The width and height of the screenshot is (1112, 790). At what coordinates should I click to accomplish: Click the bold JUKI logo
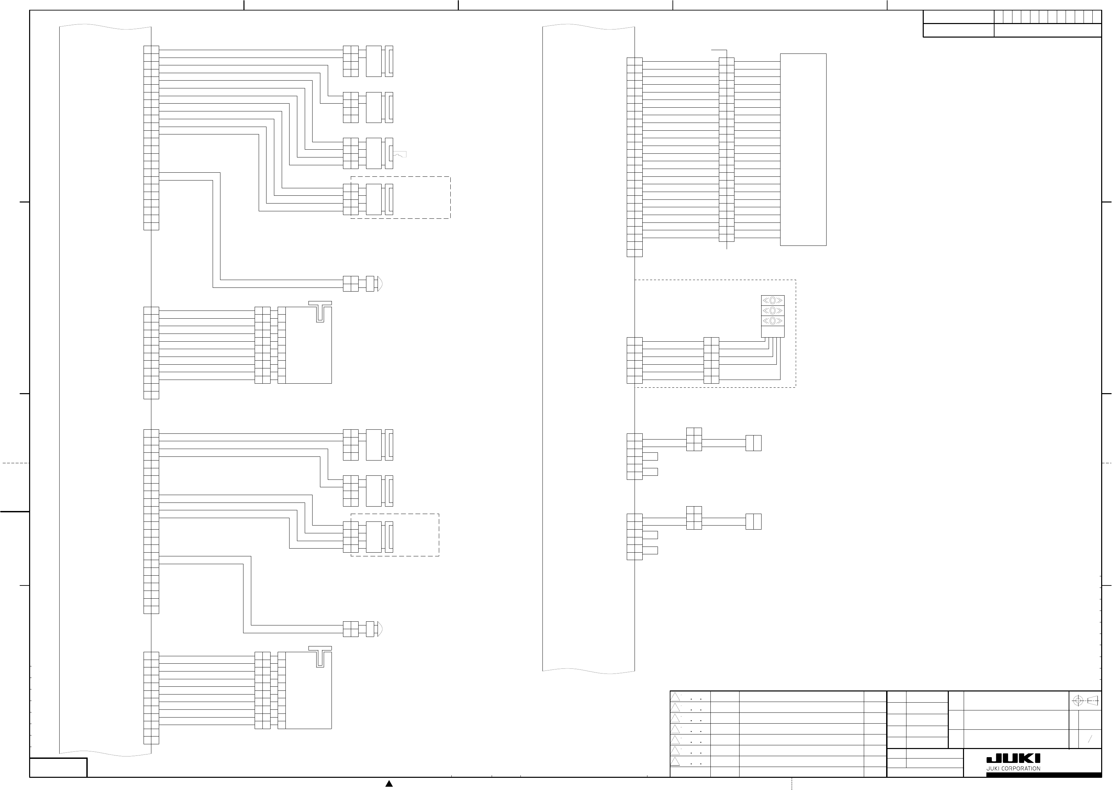coord(1013,759)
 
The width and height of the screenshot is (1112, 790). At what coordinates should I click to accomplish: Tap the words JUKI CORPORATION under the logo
coord(1013,769)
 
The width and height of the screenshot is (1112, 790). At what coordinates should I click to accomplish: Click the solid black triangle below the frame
coord(389,784)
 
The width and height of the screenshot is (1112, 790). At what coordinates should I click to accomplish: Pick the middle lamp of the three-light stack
coord(772,311)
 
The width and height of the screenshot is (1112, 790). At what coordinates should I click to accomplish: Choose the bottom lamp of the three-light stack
coord(772,321)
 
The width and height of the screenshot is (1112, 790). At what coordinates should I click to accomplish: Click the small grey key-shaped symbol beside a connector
coord(400,155)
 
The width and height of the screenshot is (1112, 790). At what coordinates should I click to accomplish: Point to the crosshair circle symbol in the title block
coord(1077,701)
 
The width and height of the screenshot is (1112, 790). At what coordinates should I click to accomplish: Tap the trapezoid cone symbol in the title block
coord(1093,701)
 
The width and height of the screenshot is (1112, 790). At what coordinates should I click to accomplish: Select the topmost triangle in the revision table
coord(675,697)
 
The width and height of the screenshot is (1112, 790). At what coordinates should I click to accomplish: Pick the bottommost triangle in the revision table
coord(675,761)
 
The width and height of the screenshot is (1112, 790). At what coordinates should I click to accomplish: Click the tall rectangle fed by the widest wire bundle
coord(803,149)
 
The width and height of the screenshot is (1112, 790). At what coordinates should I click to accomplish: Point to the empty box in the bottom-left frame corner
coord(58,768)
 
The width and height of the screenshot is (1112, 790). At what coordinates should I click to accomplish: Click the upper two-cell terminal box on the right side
coord(753,443)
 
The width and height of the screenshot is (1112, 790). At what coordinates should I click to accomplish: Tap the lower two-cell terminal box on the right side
coord(753,521)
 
